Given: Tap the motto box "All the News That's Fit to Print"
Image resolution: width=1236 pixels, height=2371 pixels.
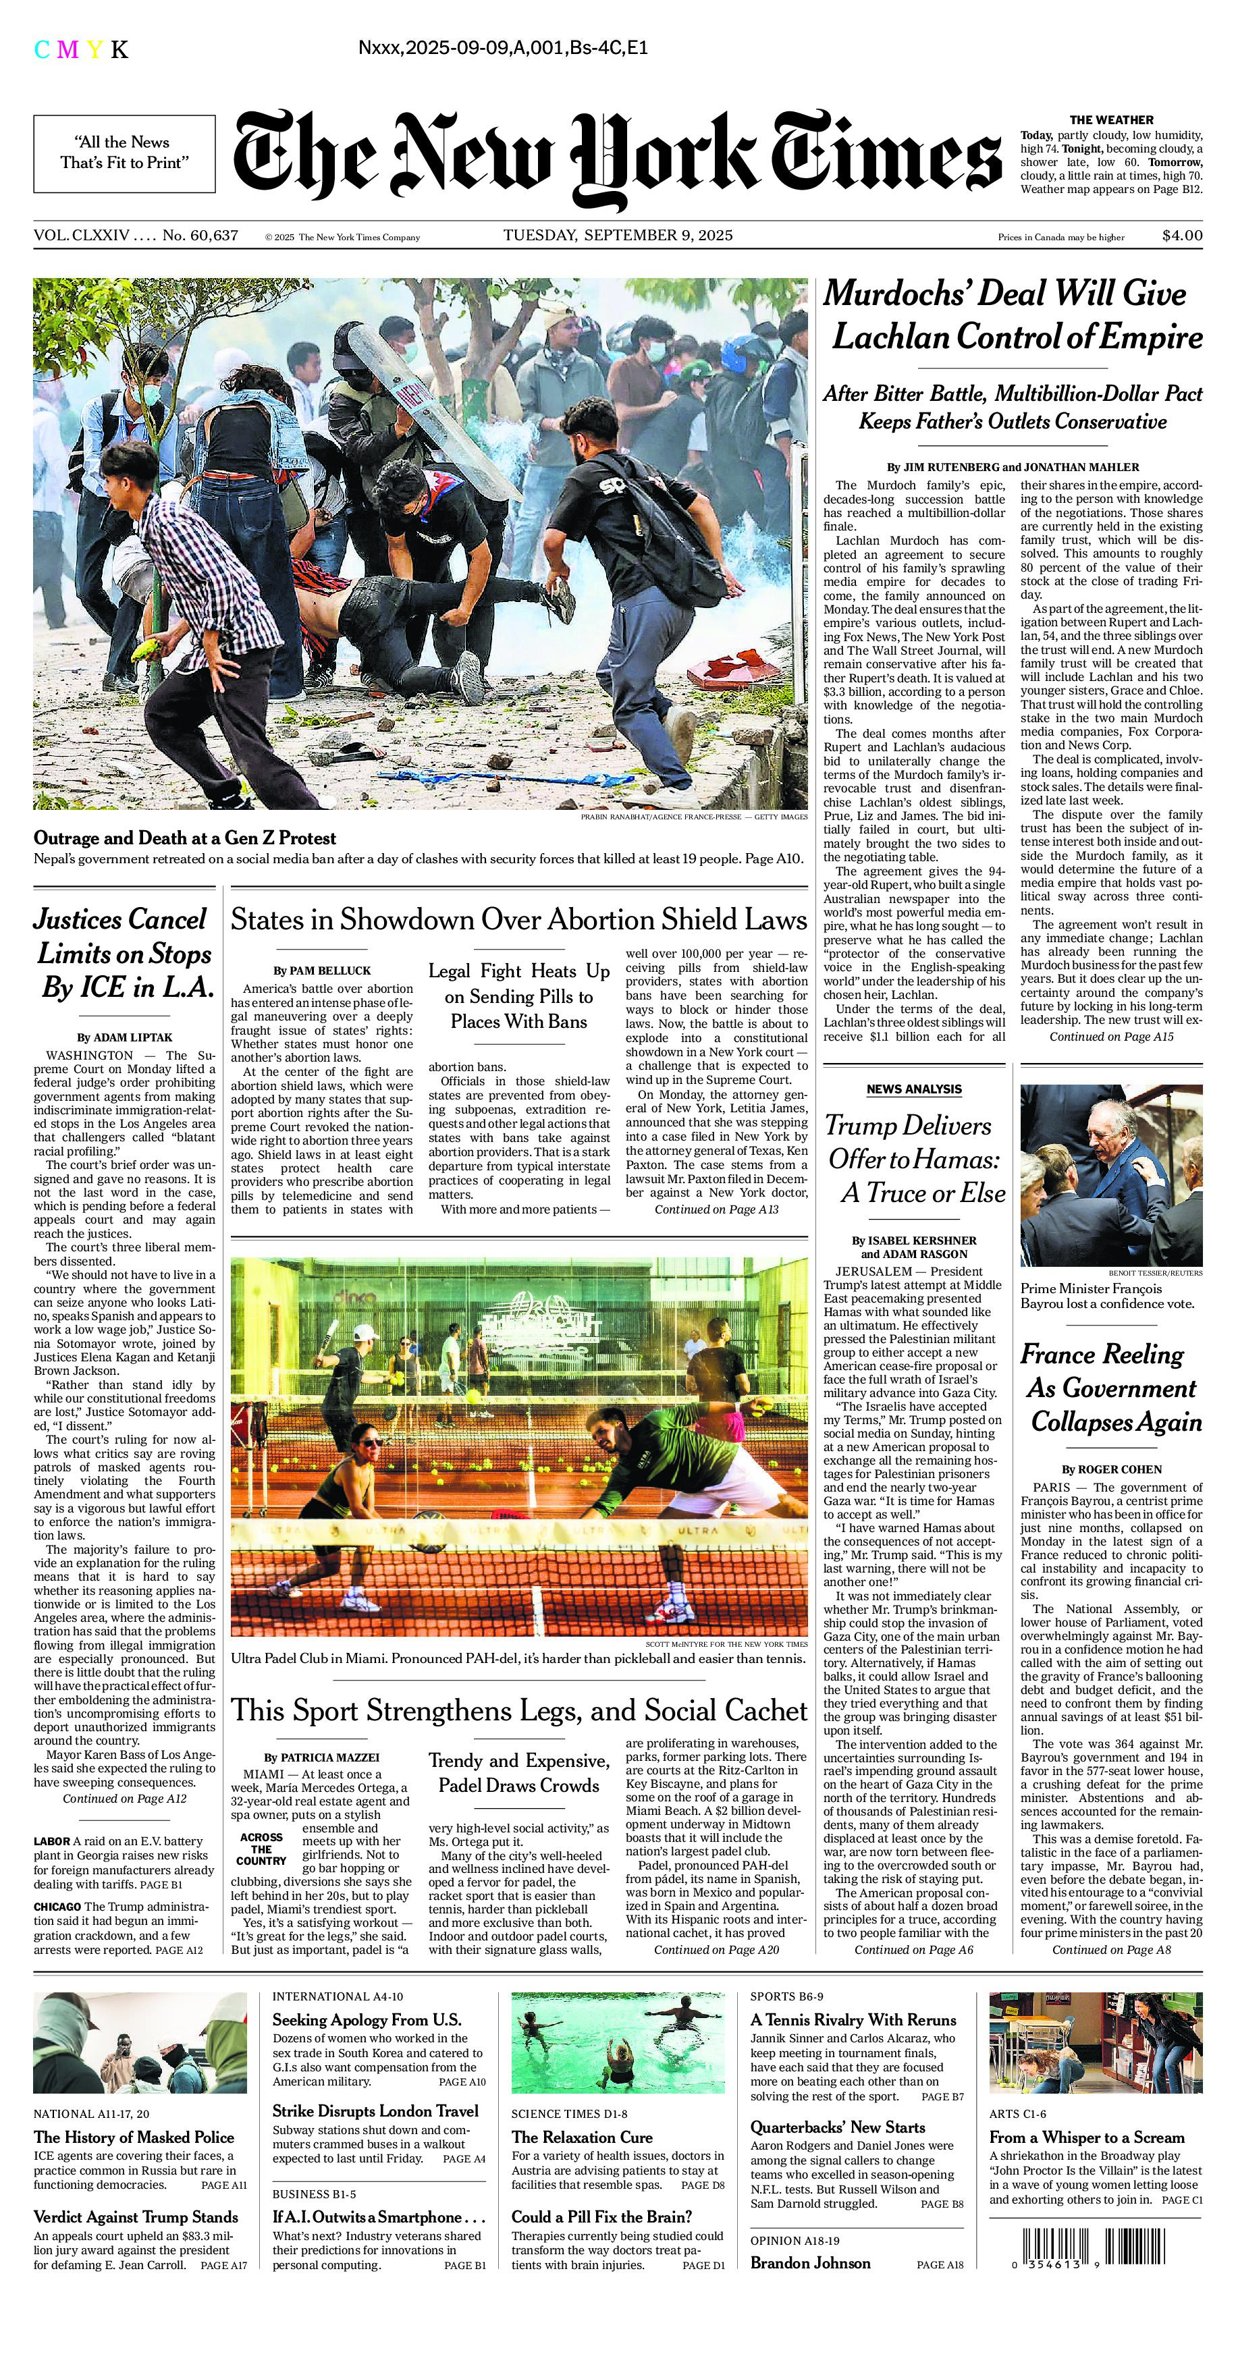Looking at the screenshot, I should (x=125, y=153).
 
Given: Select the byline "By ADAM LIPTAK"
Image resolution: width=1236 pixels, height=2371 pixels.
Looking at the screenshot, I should (x=124, y=1037).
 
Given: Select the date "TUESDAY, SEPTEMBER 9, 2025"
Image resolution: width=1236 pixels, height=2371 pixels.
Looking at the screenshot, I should (x=618, y=236).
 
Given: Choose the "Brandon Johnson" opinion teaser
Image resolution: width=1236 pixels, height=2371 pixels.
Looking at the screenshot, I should (x=810, y=2262).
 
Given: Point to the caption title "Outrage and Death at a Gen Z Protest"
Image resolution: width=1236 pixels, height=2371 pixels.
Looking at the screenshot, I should (x=185, y=838).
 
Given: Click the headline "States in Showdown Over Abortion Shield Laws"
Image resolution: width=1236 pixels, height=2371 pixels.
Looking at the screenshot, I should (x=519, y=919).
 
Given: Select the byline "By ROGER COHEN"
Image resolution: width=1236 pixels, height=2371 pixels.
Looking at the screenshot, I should (x=1111, y=1469).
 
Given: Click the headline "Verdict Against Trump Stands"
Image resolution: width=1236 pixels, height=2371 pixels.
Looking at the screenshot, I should (x=136, y=2217).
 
